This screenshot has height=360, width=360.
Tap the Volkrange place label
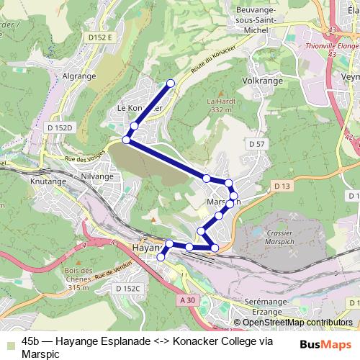(x=261, y=81)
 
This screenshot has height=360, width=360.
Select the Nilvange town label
(x=96, y=175)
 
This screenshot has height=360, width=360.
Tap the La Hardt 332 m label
(x=217, y=105)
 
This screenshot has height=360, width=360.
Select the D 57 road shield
(x=257, y=145)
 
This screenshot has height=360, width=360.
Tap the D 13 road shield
(x=282, y=186)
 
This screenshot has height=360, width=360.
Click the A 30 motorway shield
(x=187, y=300)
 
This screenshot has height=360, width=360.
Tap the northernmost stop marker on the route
(x=171, y=84)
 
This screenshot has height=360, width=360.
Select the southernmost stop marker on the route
(x=161, y=257)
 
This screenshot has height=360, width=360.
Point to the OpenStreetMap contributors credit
(x=297, y=323)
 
